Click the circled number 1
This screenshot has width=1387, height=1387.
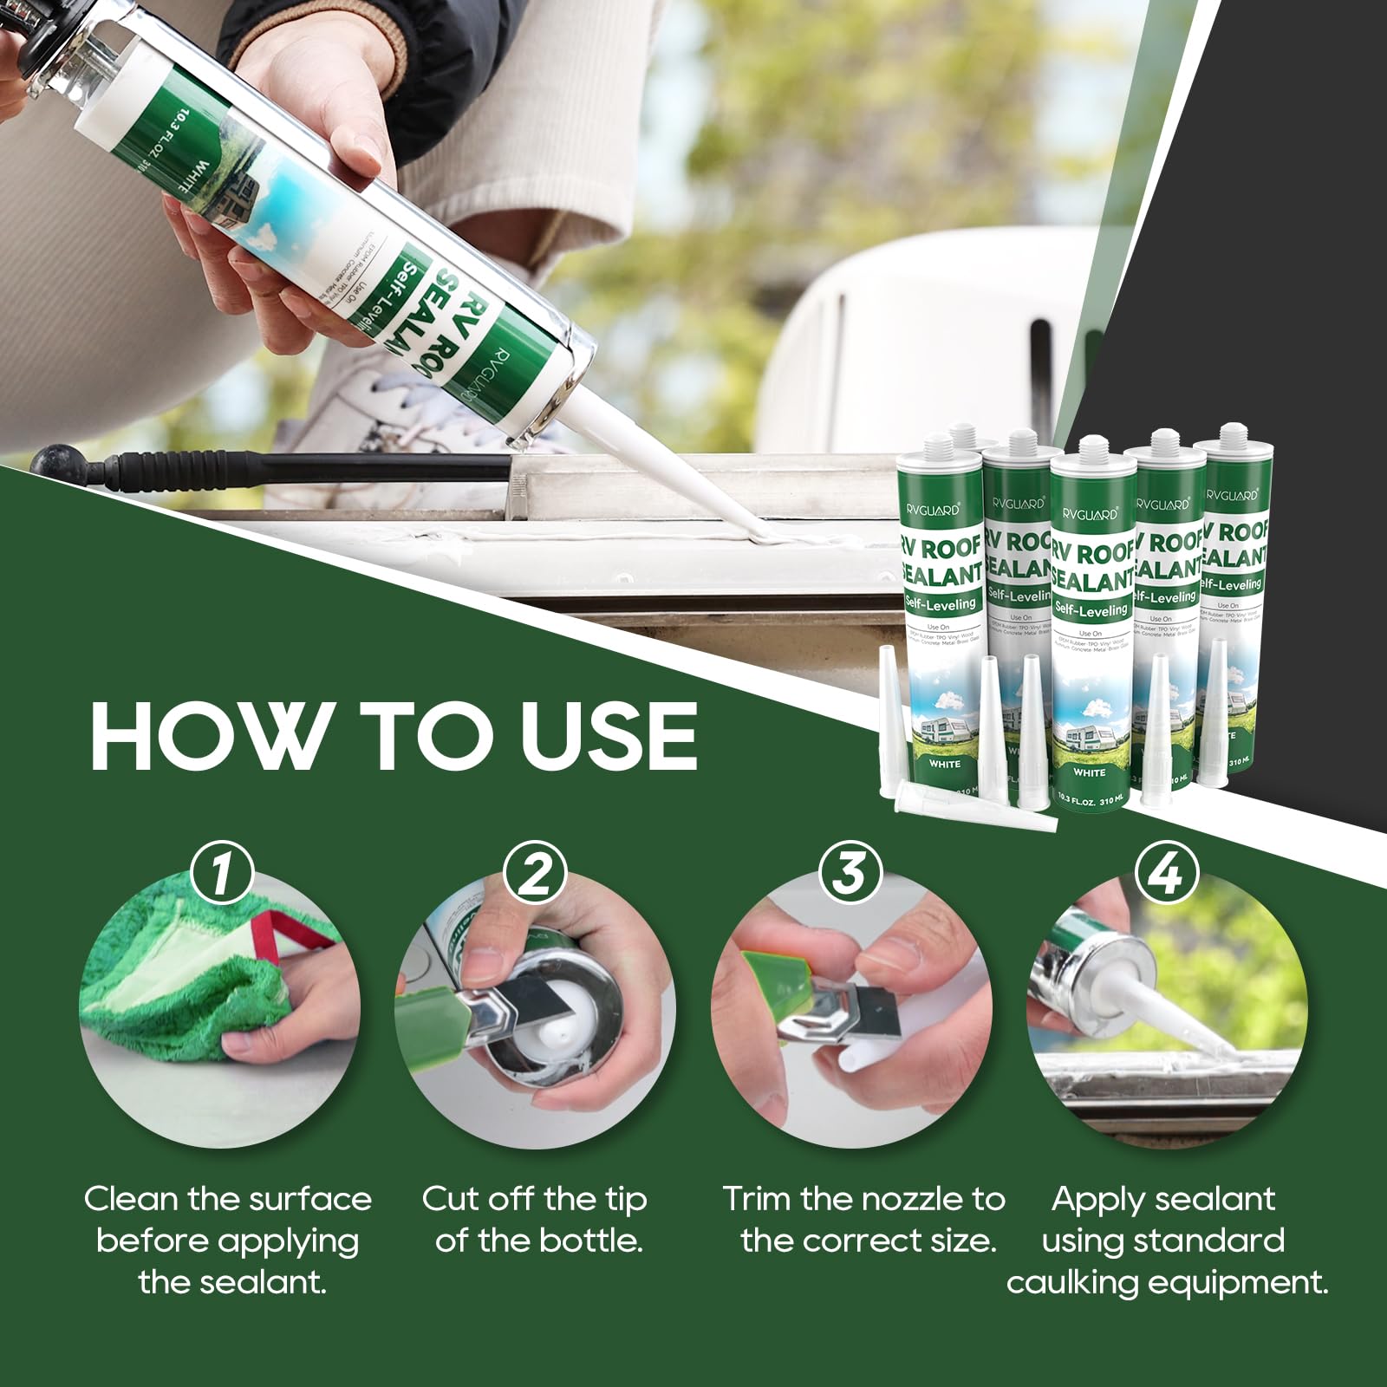coord(221,874)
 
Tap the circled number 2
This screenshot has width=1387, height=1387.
coord(537,874)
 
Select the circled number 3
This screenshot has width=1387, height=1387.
coord(850,874)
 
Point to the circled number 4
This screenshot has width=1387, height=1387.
coord(1165,874)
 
